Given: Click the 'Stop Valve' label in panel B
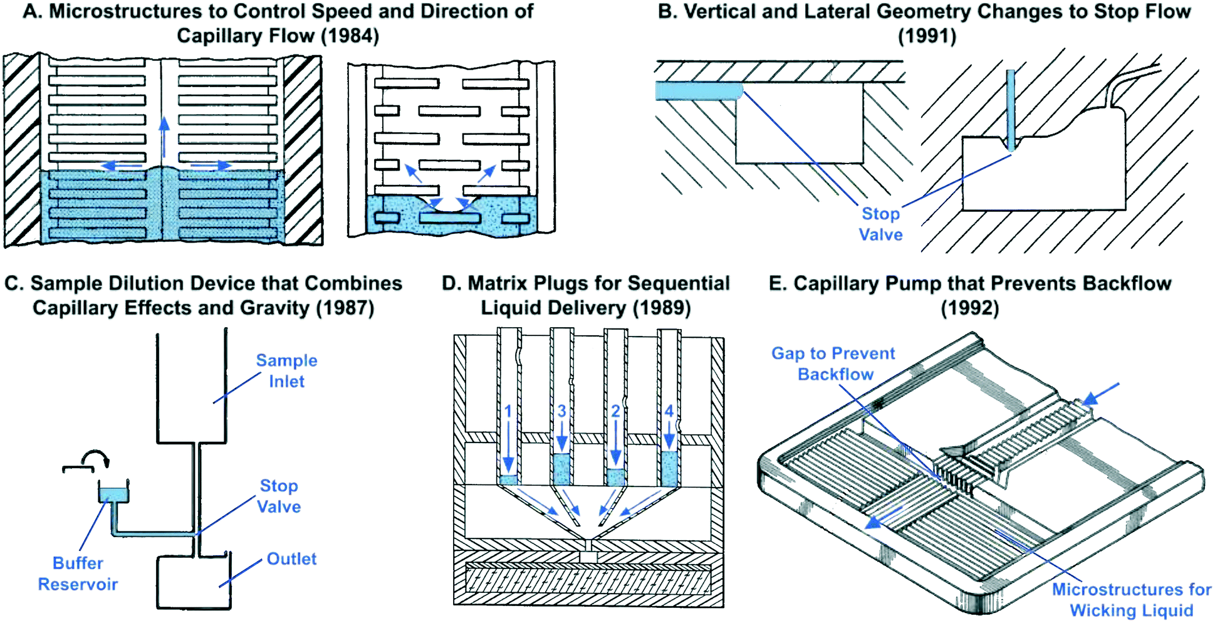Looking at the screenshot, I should pyautogui.click(x=880, y=224).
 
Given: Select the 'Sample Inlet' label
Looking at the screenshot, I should pyautogui.click(x=286, y=370).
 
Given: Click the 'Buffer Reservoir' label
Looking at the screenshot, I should pyautogui.click(x=78, y=573).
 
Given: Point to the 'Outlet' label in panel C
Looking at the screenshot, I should pyautogui.click(x=291, y=558).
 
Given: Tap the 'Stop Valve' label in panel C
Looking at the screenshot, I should pyautogui.click(x=279, y=496).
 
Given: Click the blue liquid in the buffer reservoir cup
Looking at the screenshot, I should pyautogui.click(x=113, y=495).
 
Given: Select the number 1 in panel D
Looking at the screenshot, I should pyautogui.click(x=508, y=411).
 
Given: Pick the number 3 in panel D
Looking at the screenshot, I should pyautogui.click(x=561, y=411).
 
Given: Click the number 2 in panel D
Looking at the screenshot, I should pyautogui.click(x=615, y=411).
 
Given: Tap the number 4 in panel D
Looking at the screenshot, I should pyautogui.click(x=669, y=411).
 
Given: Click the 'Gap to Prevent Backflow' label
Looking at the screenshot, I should pyautogui.click(x=834, y=364).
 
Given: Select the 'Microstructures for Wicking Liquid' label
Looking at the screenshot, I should pyautogui.click(x=1131, y=599).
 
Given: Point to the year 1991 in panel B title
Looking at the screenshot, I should pyautogui.click(x=927, y=36).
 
